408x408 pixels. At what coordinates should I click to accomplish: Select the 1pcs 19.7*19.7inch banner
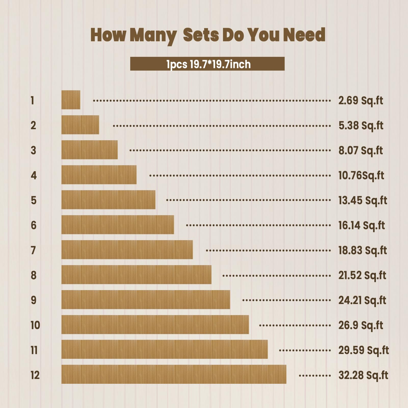207,64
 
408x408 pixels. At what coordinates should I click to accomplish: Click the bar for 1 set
71,100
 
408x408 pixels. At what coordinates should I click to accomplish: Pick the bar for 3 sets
89,150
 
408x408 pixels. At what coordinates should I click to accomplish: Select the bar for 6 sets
118,225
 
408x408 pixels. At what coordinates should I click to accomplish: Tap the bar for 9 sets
146,300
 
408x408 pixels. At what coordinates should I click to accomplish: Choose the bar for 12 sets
174,374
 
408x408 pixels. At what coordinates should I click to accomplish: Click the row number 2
33,125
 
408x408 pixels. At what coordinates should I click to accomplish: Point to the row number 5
34,200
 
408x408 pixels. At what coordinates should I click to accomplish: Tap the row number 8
34,275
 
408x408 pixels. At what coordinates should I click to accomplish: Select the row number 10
35,325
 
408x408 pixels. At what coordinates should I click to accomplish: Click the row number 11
34,350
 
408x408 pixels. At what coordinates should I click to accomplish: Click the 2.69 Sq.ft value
361,100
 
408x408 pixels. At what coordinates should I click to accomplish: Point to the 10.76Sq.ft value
361,175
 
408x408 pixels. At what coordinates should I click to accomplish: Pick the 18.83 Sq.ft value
362,250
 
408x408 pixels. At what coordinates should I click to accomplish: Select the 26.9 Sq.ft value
361,325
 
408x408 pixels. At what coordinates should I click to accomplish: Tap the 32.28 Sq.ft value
363,375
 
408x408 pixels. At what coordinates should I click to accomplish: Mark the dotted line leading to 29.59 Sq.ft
305,350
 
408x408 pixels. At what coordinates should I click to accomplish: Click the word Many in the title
153,35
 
